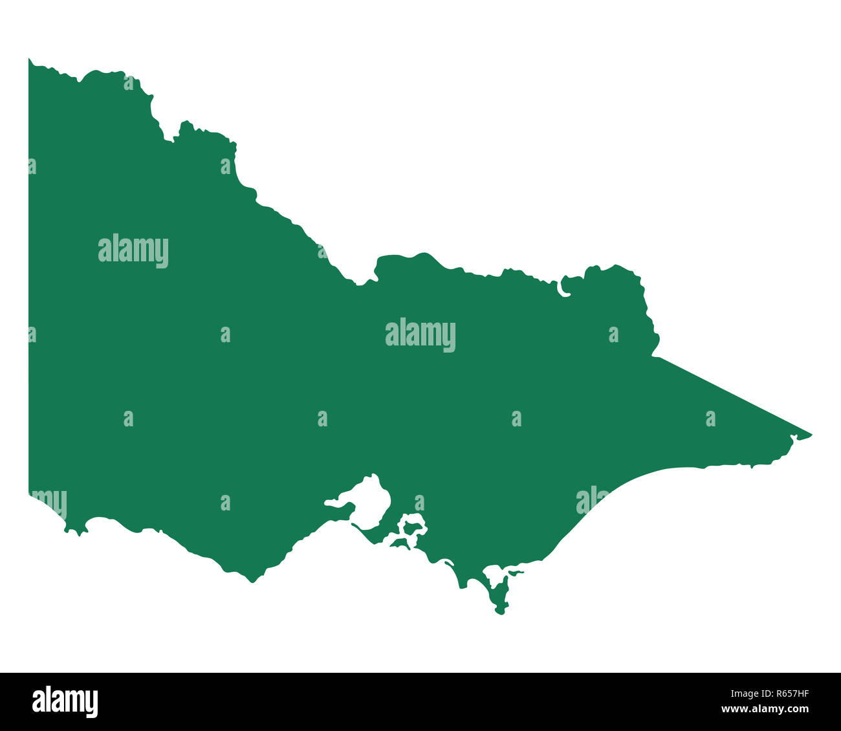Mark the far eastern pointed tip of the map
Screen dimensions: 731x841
point(811,435)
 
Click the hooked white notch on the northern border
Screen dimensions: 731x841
point(563,289)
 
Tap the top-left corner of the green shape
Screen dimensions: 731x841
point(29,60)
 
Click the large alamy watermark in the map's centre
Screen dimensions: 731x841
point(420,334)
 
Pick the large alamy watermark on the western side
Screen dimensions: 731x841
point(133,250)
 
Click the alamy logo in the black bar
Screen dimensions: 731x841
point(65,702)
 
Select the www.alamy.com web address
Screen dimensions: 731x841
point(765,709)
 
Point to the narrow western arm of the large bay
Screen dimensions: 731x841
point(336,502)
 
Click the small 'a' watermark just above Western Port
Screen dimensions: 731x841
point(420,503)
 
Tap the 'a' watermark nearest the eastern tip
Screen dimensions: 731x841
point(710,419)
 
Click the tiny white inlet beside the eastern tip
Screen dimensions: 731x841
point(793,439)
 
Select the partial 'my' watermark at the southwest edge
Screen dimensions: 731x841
point(49,502)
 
